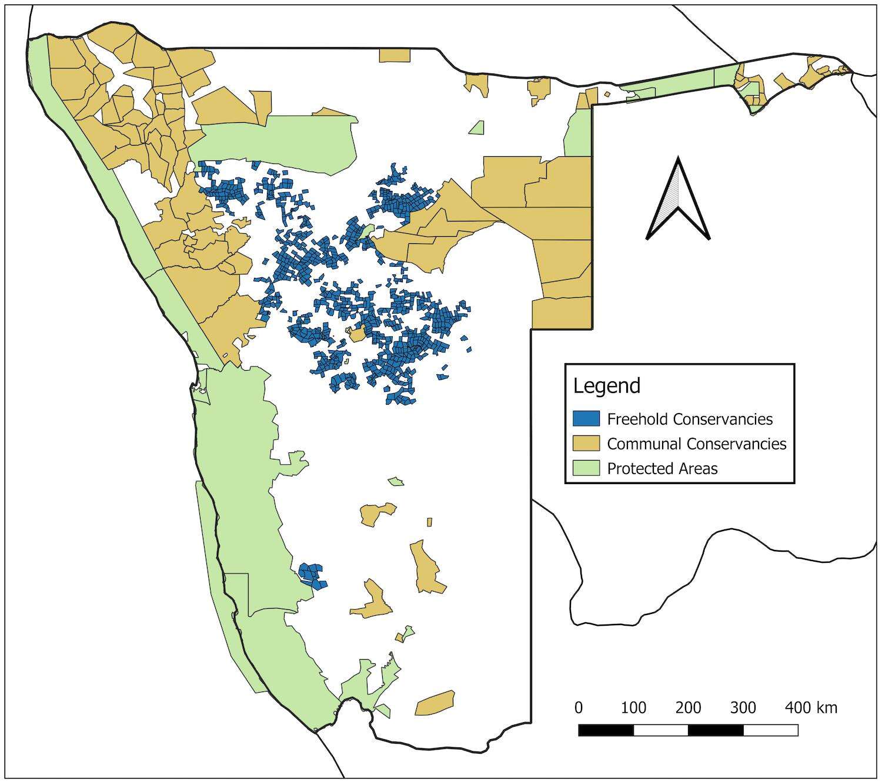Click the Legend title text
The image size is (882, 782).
coord(606,386)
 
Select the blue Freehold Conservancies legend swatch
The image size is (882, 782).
coord(586,418)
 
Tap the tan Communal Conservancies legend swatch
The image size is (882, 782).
coord(586,444)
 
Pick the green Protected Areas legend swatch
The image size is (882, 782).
coord(586,468)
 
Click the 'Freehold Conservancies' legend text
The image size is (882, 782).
coord(690,419)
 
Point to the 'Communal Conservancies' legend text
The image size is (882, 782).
coord(697,444)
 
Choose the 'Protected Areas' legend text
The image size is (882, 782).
coord(662,469)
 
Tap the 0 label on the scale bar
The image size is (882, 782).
coord(579,707)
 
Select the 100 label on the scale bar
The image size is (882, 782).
coord(633,707)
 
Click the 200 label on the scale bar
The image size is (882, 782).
coord(688,707)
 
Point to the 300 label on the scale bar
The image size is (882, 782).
coord(743,707)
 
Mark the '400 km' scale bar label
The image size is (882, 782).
coord(811,707)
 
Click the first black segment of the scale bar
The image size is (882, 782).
coord(606,730)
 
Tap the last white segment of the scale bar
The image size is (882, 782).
coord(770,730)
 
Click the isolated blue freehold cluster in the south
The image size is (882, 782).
coord(312,575)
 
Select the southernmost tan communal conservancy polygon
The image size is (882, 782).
coord(435,703)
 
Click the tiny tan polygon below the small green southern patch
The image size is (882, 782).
coord(429,522)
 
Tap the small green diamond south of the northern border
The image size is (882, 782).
coord(477,128)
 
